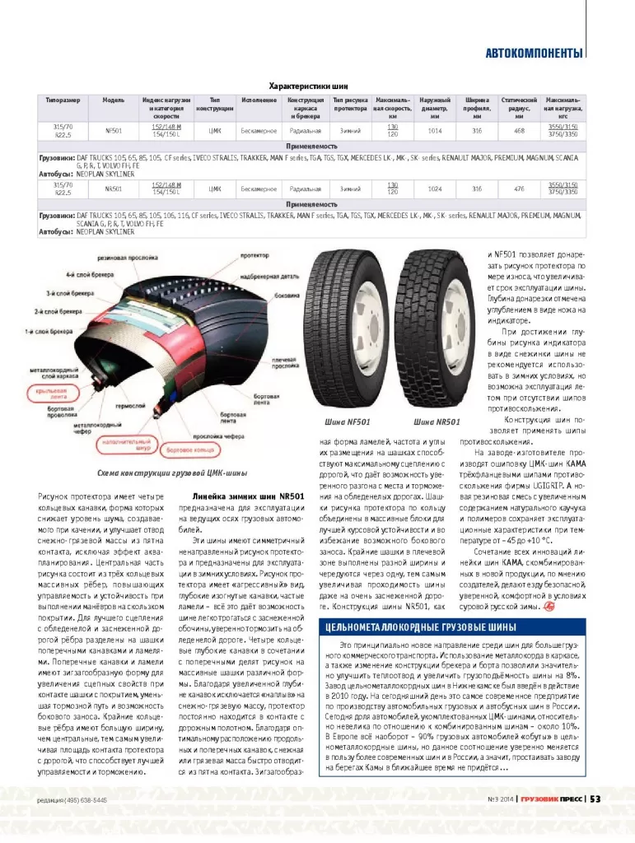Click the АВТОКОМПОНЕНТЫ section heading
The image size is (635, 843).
coord(534,54)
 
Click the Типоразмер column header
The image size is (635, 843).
coord(63,100)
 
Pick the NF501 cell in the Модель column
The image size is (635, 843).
coord(114,130)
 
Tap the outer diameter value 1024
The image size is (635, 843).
coord(435,189)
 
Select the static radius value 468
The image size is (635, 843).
coord(519,130)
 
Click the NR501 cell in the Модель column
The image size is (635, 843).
coord(114,189)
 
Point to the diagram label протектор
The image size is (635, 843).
coord(257,255)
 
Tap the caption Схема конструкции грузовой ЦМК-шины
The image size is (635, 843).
coord(172,474)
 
